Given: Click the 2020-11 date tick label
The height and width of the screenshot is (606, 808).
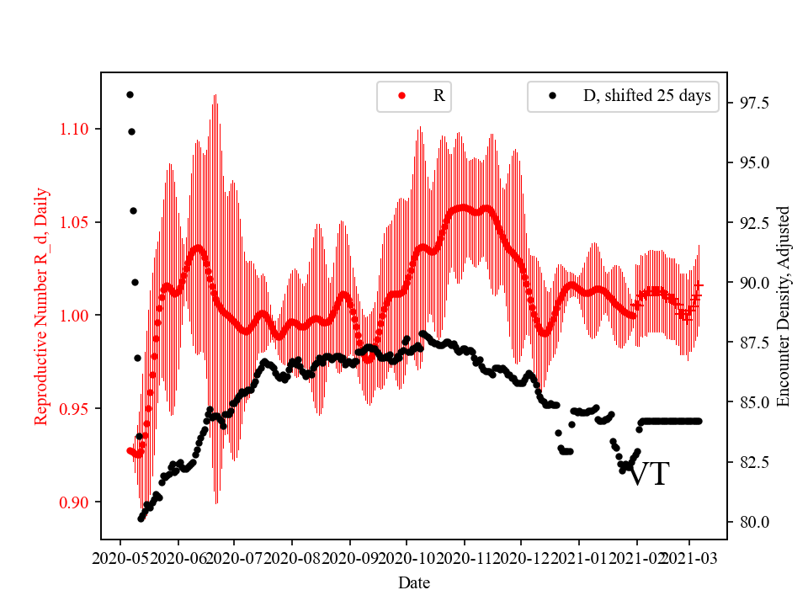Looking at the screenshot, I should (x=464, y=558).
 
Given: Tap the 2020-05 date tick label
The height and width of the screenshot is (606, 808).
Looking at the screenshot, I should (x=120, y=558).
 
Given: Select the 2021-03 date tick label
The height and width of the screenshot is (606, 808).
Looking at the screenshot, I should (x=690, y=558).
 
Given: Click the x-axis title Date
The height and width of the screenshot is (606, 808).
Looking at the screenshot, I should (x=414, y=582).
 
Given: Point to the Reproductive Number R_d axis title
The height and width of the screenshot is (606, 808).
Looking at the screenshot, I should (x=42, y=306).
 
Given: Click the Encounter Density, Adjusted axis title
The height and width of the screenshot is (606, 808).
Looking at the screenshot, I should (x=784, y=306).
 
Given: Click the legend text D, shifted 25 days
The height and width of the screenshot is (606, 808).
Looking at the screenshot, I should (x=646, y=96).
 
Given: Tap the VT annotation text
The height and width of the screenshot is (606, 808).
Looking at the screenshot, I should (x=649, y=475).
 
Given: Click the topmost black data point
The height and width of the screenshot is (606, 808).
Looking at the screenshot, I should (x=130, y=94).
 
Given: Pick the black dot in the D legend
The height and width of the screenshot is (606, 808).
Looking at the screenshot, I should (x=552, y=96).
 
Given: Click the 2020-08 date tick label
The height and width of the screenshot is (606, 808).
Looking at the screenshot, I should (x=292, y=558).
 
